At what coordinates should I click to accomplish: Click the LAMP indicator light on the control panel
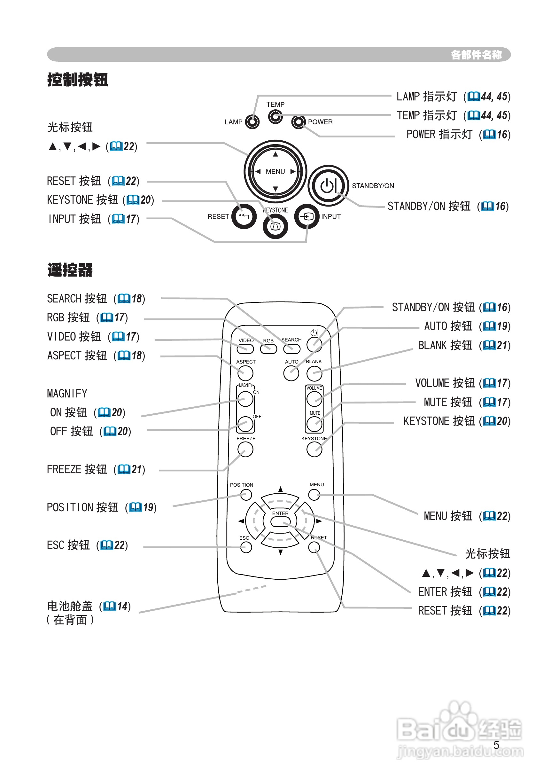[252, 122]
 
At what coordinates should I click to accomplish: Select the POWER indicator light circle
[298, 122]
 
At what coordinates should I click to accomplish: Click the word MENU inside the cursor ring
[275, 171]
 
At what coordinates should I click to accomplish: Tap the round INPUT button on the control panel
[307, 216]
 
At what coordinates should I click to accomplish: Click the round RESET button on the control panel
[244, 216]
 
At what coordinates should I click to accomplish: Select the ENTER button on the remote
[280, 522]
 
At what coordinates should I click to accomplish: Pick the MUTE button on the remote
[314, 424]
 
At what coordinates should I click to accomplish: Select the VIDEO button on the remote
[245, 348]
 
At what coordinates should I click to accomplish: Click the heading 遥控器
[70, 270]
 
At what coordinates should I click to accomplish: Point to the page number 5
[496, 745]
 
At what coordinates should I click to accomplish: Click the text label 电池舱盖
[70, 606]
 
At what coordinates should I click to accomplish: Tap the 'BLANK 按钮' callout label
[445, 345]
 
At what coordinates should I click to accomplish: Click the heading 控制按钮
[78, 80]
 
